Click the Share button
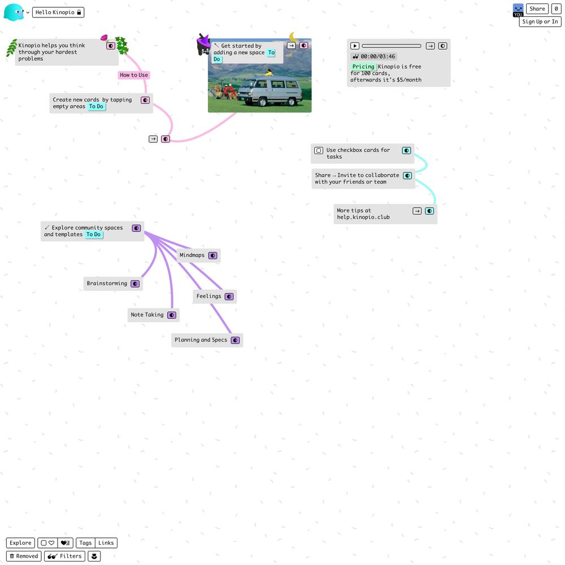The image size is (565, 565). coord(537,9)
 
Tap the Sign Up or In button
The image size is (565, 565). coord(540,21)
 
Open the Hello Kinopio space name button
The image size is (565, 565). coord(58,12)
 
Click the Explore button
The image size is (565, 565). coord(20,542)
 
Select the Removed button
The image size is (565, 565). coord(24,556)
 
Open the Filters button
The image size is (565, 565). coord(65,556)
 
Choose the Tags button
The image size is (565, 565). coord(85,542)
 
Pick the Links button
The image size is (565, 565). coord(106,542)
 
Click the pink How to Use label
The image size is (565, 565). coord(134,75)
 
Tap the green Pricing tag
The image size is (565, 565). coord(363,67)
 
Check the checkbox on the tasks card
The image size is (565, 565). coord(319,150)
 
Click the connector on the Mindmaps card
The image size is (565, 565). coord(213,255)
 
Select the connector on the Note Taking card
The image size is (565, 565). coord(172,315)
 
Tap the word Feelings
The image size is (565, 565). coord(208,296)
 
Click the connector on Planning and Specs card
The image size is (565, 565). coord(235,340)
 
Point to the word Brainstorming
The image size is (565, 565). coord(107,283)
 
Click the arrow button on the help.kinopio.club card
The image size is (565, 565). coord(417,211)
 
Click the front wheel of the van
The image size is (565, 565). coord(263,102)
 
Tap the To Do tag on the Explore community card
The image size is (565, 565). coord(94,234)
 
